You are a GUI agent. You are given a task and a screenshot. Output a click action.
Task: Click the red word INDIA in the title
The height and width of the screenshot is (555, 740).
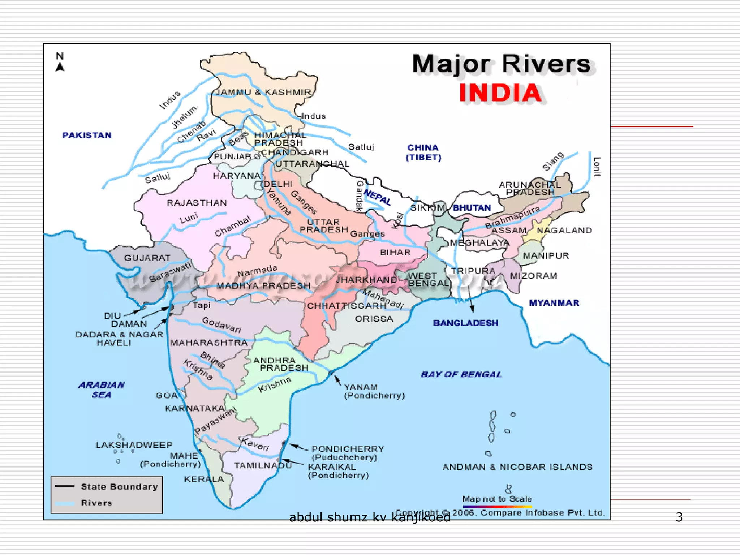(500, 93)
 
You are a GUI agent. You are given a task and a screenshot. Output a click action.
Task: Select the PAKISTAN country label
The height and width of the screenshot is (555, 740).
(87, 135)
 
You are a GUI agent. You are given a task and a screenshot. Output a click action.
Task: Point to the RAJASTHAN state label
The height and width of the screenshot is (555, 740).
(197, 203)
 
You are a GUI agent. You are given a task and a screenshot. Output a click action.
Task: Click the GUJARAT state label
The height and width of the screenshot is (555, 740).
(147, 258)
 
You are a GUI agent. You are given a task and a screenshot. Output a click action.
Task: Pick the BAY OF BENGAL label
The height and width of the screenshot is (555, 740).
(461, 374)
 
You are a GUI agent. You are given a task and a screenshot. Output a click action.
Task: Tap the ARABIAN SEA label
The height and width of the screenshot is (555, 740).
(102, 390)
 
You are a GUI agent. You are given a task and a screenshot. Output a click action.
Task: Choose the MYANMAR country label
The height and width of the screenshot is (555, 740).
(554, 303)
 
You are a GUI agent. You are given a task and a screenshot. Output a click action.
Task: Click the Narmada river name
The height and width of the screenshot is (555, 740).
(257, 270)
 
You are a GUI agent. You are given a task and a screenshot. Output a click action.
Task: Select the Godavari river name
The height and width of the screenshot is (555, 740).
(221, 324)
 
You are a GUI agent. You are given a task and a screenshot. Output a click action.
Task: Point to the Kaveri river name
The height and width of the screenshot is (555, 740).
(255, 444)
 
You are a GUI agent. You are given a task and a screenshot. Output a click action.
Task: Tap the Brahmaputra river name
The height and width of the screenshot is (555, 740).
(512, 217)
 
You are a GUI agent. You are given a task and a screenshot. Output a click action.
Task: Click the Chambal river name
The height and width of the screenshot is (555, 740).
(232, 227)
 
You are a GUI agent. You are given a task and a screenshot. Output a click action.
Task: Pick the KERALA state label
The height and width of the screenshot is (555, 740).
(204, 479)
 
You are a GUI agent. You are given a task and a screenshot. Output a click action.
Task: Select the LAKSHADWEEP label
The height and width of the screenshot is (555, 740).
(134, 445)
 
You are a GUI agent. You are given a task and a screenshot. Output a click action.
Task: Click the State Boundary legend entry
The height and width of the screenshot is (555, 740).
(119, 486)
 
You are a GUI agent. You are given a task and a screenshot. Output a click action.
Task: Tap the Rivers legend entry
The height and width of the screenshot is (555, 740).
(96, 503)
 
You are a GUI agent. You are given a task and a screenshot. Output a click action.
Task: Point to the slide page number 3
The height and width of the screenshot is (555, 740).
(679, 517)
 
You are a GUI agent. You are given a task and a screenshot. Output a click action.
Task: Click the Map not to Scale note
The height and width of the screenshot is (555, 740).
(497, 499)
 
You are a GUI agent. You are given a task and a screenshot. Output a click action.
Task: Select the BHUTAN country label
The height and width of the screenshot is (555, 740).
(472, 208)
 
